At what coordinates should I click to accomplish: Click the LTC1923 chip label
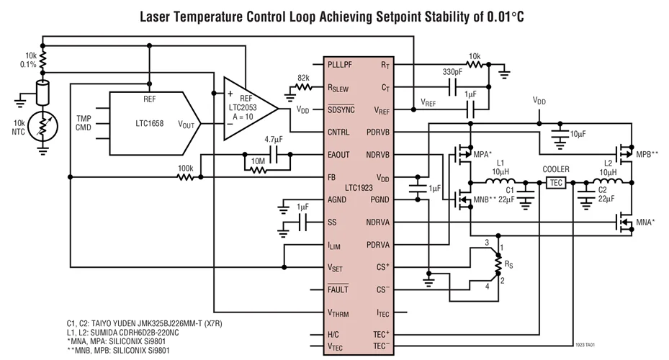(358, 188)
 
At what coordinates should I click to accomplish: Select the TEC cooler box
(555, 182)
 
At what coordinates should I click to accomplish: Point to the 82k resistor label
(303, 78)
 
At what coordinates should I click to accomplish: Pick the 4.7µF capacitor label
(273, 139)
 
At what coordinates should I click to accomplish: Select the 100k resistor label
(185, 168)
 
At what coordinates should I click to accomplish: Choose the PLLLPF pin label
(343, 66)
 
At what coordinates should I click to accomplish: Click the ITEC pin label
(383, 312)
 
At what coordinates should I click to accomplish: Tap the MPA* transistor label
(482, 154)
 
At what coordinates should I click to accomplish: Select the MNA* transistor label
(645, 223)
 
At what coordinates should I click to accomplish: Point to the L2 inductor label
(608, 163)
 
